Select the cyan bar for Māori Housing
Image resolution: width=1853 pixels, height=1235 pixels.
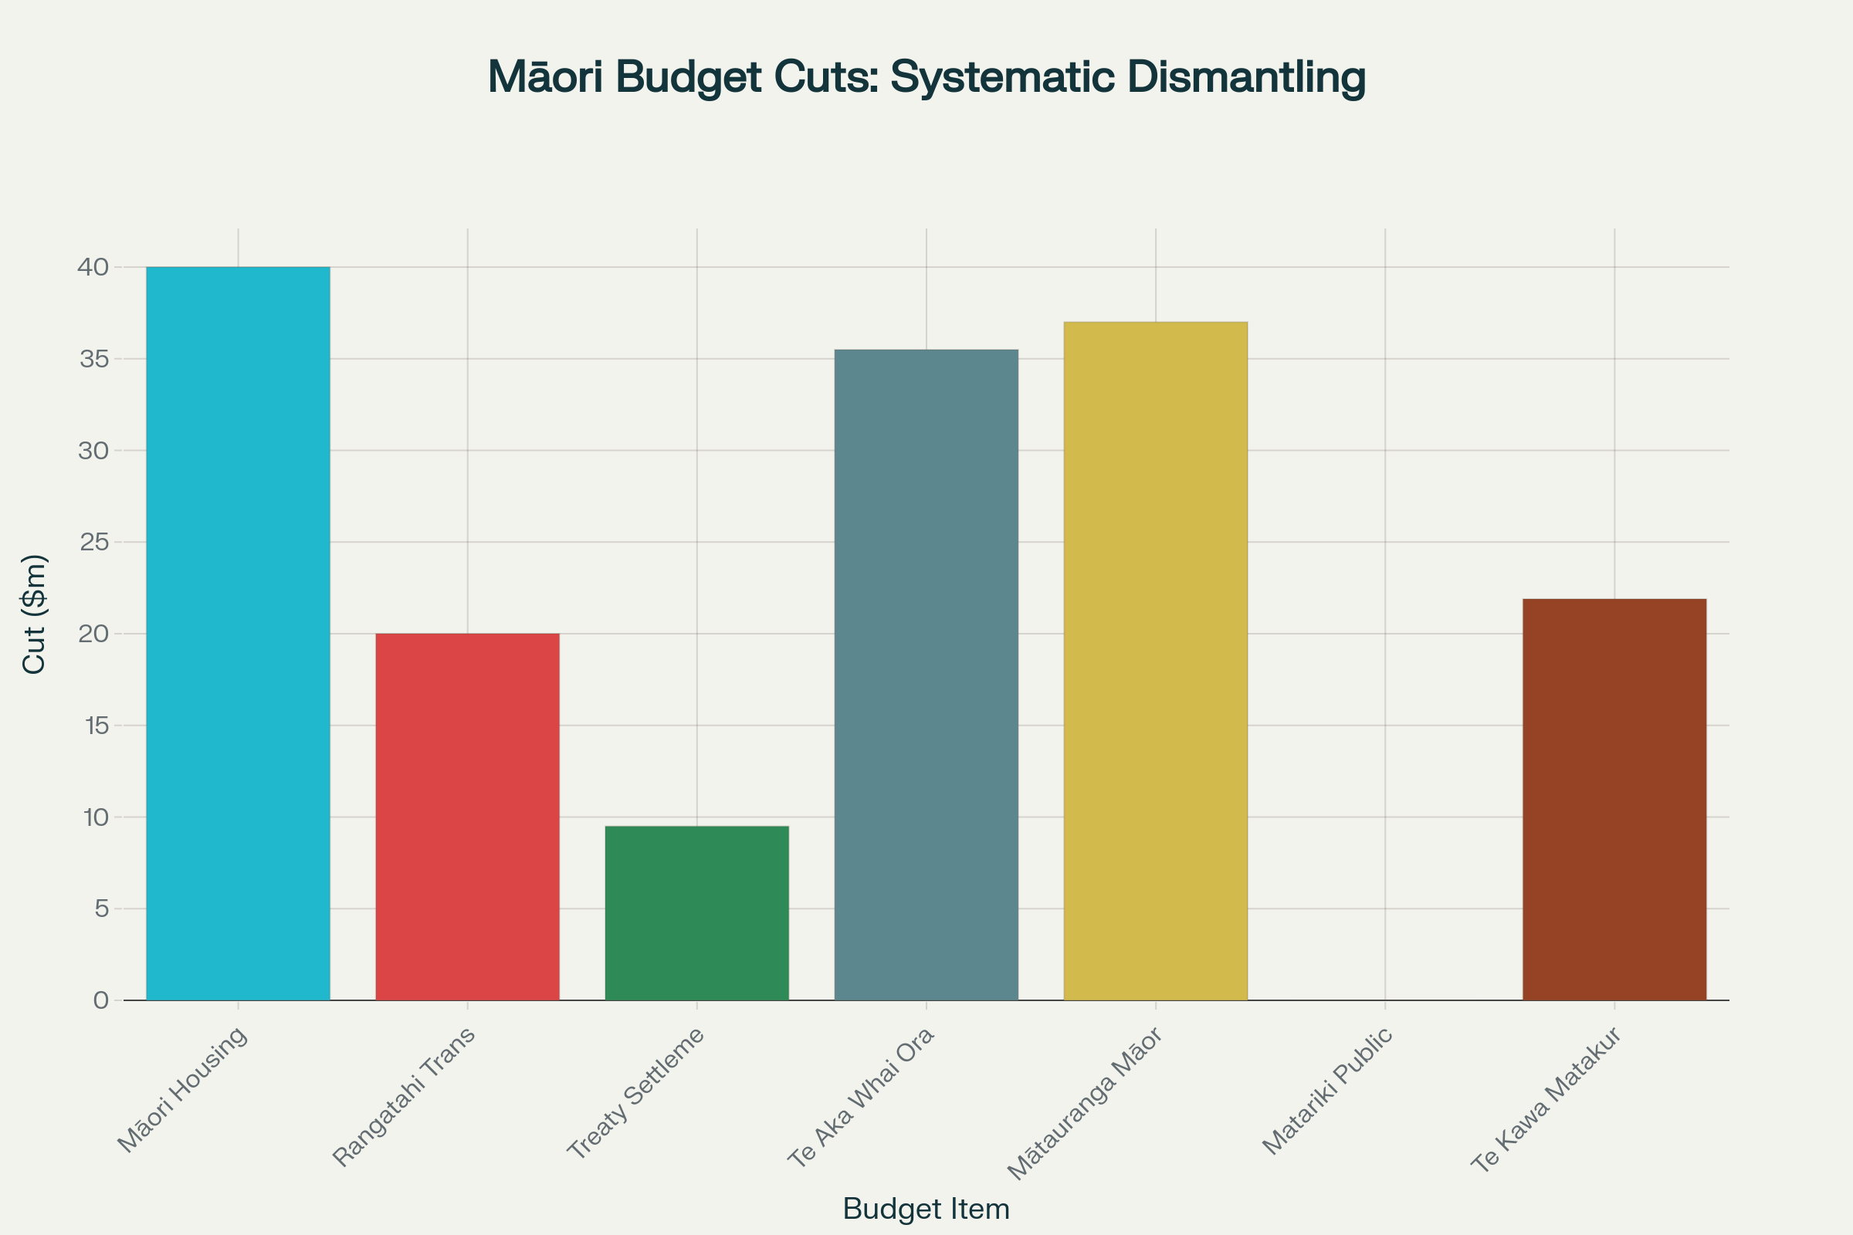pos(238,633)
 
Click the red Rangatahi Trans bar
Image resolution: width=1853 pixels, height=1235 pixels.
pos(467,817)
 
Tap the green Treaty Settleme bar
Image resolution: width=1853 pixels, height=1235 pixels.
pos(696,913)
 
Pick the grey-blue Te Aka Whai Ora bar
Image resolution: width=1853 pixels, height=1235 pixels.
pos(926,675)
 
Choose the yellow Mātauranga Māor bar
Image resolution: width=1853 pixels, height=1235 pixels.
pos(1155,661)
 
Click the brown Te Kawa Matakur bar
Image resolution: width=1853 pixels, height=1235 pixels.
pos(1614,800)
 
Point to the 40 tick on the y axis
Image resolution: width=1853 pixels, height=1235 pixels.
pos(93,267)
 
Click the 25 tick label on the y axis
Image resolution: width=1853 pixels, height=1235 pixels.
pos(93,542)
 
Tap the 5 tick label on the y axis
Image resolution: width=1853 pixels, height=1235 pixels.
pos(101,909)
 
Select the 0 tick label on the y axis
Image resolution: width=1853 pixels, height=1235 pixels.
pos(101,1000)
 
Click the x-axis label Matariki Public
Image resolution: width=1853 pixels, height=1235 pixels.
pos(1328,1091)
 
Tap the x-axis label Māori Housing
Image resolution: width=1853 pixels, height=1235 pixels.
pos(183,1091)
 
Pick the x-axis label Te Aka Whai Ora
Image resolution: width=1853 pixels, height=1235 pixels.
pos(861,1097)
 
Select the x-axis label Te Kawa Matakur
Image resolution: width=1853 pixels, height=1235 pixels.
pos(1546,1099)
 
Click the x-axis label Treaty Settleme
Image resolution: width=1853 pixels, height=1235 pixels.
pos(635,1094)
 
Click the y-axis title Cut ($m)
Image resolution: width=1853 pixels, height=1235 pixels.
pos(34,614)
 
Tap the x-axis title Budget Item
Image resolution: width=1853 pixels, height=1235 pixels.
pos(926,1208)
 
